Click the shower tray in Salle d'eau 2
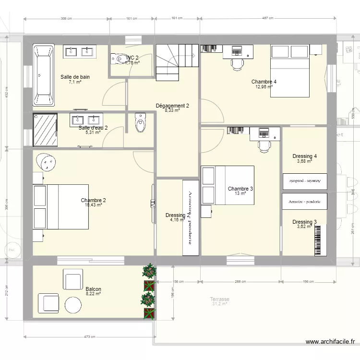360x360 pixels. point(45,130)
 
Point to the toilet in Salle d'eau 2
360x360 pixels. point(140,123)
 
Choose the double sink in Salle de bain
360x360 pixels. point(80,51)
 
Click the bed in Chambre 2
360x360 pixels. point(60,206)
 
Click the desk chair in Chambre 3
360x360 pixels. point(264,145)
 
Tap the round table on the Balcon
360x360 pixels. point(73,305)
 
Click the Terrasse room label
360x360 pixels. point(219,299)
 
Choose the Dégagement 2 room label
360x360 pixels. point(172,106)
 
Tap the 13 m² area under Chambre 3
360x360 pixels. point(240,193)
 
